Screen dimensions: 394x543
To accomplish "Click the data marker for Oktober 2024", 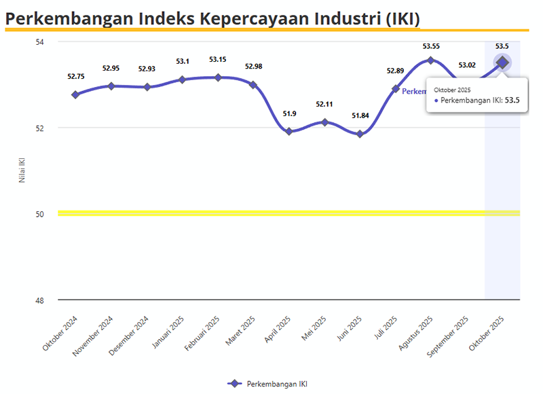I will tap(75, 94).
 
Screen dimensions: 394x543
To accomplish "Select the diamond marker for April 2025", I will tap(289, 131).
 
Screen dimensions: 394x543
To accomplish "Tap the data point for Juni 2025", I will tap(360, 134).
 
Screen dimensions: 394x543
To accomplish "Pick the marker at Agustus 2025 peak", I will tap(430, 60).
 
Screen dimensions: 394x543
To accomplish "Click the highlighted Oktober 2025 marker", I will tap(502, 62).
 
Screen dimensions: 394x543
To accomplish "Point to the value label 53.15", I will tap(218, 59).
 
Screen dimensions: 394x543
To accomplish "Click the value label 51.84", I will tap(360, 115).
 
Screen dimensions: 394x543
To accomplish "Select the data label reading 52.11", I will tap(324, 104).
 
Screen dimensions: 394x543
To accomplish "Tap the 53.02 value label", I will tap(467, 65).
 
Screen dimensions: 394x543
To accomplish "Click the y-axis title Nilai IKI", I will tap(22, 171).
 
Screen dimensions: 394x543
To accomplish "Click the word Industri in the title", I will tap(340, 18).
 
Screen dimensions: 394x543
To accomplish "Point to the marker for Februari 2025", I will tap(218, 77).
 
